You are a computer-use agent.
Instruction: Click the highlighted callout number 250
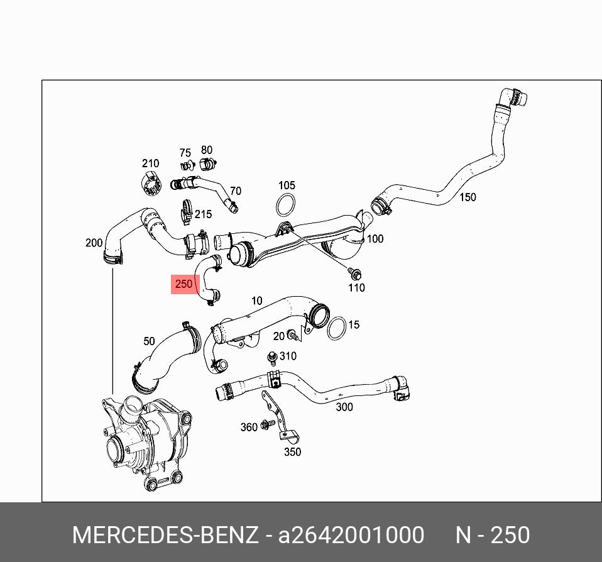tap(183, 284)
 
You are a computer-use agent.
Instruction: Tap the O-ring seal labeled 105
tap(286, 205)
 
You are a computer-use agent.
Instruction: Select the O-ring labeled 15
tap(336, 327)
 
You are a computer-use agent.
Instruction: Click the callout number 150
tap(468, 197)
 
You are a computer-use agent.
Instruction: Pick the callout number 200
tap(94, 243)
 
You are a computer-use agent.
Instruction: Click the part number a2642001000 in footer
tap(351, 535)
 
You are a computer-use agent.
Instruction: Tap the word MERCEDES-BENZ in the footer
tap(165, 535)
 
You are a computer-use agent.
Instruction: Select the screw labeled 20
tap(292, 335)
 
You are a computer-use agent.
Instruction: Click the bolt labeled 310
tap(273, 357)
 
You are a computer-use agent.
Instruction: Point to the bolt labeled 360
tap(266, 425)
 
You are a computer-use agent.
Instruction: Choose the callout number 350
tap(292, 451)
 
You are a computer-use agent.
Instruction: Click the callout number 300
tap(344, 407)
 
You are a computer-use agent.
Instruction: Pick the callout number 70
tap(236, 191)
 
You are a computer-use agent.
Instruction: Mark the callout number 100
tap(375, 239)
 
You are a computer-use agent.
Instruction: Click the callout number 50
tap(149, 341)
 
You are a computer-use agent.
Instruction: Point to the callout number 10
tap(256, 300)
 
